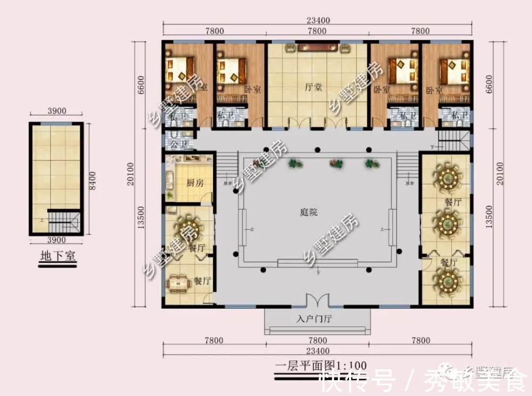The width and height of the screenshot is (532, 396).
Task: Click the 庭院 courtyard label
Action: coord(309,212)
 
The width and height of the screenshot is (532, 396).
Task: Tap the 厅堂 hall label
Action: coord(317,88)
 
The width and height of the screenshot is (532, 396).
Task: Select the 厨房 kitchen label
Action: coord(195,183)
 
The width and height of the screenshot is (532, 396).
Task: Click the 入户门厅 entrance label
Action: coord(317,320)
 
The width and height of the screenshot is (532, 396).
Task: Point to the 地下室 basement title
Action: coord(58,256)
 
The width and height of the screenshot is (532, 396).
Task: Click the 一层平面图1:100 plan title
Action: coord(321,366)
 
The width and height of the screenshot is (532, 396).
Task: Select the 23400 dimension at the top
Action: coord(318,20)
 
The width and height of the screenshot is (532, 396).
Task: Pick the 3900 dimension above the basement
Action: coord(56,111)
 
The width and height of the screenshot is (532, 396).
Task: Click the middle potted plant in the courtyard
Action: coord(335,163)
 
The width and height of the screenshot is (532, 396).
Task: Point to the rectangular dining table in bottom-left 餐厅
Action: coord(179,283)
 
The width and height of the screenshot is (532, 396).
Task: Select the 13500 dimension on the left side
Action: coord(142,225)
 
